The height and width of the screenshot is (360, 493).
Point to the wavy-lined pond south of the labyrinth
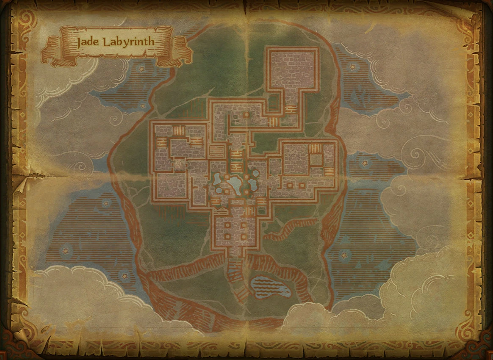click(271, 287)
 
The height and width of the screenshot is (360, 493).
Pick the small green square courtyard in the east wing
click(316, 160)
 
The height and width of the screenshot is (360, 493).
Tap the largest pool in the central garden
click(234, 183)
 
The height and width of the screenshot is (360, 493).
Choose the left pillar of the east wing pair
click(290, 185)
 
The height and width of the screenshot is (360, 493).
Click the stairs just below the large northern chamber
click(291, 110)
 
